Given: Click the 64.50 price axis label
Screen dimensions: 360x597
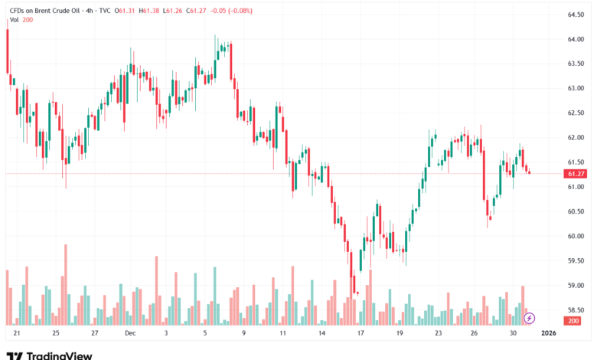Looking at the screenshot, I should (576, 15).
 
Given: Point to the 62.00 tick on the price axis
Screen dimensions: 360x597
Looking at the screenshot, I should (576, 138).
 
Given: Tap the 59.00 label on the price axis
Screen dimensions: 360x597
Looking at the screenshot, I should (576, 286).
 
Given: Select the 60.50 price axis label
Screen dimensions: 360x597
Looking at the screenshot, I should (576, 211).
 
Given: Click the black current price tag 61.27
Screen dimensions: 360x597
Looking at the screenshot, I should (576, 174).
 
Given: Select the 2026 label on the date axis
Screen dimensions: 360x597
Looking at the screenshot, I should (548, 334).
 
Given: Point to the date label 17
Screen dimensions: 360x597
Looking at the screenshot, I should (360, 334).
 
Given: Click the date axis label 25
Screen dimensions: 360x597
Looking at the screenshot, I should (56, 334).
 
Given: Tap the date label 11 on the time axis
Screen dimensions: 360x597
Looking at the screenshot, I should (283, 334).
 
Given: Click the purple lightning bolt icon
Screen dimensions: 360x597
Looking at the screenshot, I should (529, 317).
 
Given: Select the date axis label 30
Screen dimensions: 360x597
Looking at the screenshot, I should (512, 334).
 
